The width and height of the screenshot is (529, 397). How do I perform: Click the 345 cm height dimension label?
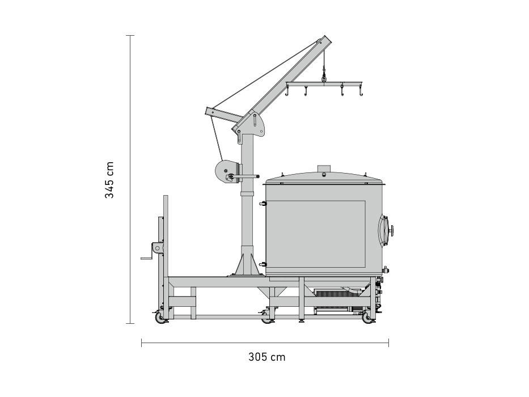[109, 180]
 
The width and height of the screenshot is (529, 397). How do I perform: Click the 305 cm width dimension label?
[267, 357]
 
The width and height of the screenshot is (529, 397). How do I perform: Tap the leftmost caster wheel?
[159, 318]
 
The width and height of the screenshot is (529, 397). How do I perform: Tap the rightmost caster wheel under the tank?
[367, 318]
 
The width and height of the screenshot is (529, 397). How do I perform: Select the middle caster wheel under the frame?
[267, 318]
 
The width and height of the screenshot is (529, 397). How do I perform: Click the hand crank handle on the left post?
[147, 258]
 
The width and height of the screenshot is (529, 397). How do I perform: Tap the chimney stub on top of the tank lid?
[324, 168]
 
